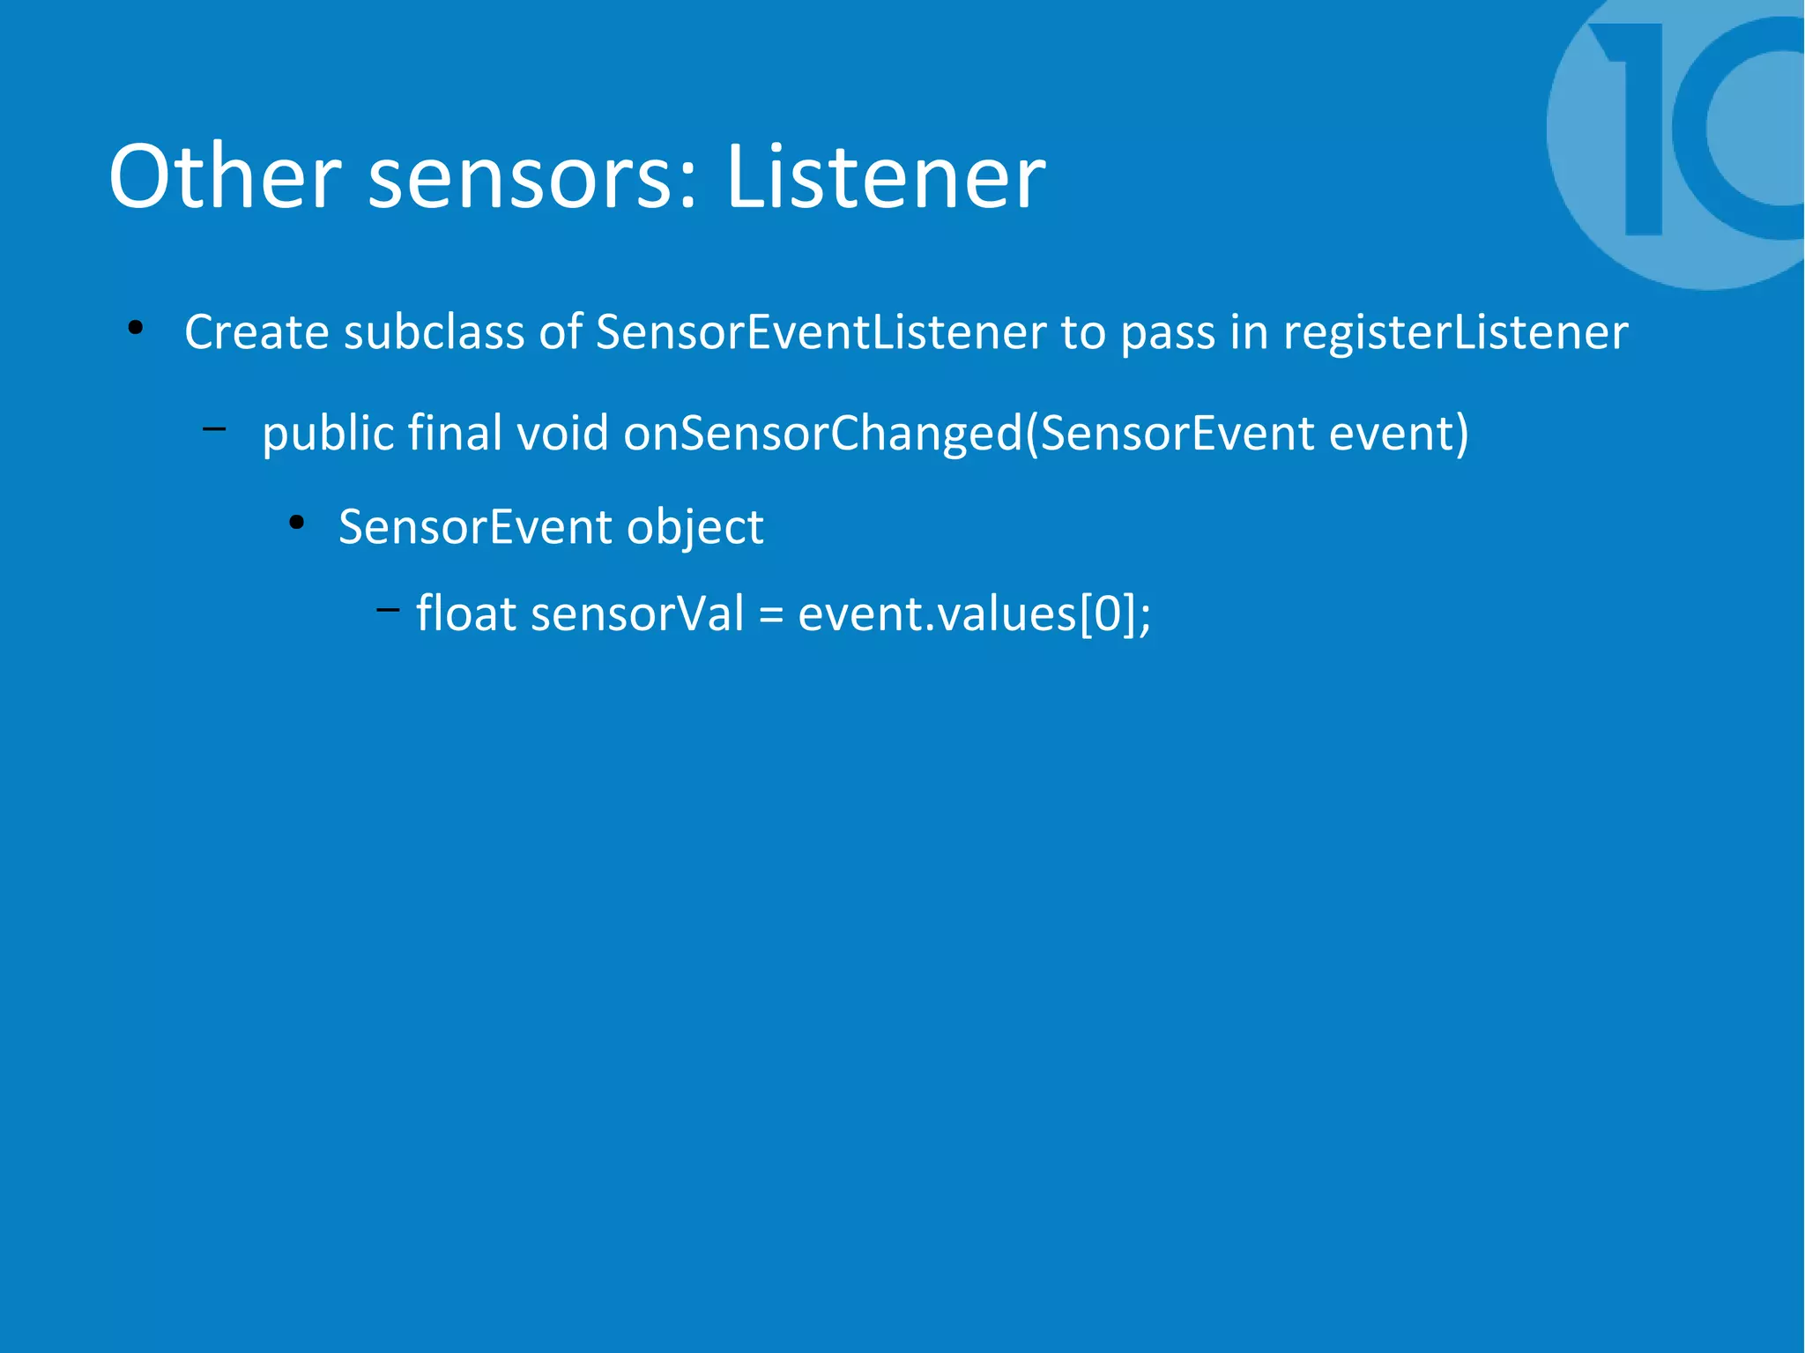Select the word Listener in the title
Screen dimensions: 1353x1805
pyautogui.click(x=885, y=177)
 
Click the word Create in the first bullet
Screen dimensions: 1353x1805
pyautogui.click(x=256, y=332)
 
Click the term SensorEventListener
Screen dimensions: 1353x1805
pyautogui.click(x=821, y=332)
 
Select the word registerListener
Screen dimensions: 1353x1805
pyautogui.click(x=1455, y=332)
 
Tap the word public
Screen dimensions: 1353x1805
pyautogui.click(x=328, y=434)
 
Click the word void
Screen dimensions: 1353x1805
pyautogui.click(x=562, y=434)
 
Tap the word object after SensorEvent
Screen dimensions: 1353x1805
pyautogui.click(x=695, y=527)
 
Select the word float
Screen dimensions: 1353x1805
pyautogui.click(x=465, y=613)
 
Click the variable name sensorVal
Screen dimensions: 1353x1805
pyautogui.click(x=637, y=613)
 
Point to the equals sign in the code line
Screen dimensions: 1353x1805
pyautogui.click(x=770, y=615)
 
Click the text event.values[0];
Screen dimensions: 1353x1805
pyautogui.click(x=974, y=613)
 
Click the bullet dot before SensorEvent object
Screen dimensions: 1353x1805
pyautogui.click(x=296, y=523)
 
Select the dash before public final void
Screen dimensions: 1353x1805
pyautogui.click(x=213, y=429)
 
